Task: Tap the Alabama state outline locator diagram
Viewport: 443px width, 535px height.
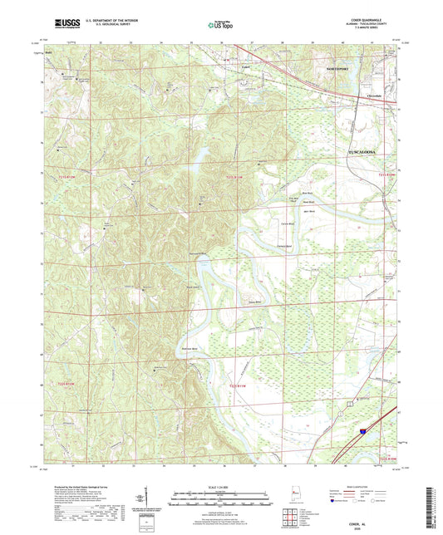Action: (x=296, y=498)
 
